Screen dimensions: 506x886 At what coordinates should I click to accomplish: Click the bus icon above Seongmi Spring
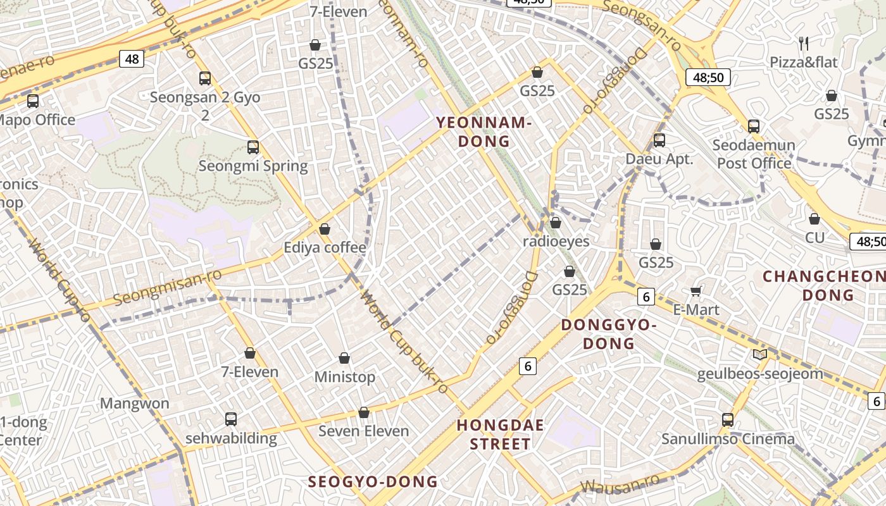[253, 147]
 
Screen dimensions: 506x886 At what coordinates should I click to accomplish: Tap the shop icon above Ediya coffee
[325, 228]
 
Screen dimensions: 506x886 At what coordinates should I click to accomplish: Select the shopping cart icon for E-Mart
[696, 291]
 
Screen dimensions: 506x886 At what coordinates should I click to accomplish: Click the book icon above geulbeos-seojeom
[760, 355]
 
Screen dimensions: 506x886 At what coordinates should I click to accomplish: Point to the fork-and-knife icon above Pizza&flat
[804, 43]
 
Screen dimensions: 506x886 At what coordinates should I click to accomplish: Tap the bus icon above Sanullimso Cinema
[728, 419]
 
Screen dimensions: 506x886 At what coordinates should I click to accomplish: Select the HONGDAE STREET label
[501, 435]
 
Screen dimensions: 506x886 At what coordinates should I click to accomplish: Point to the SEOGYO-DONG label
[373, 481]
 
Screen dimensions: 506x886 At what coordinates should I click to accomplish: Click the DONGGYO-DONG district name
[608, 334]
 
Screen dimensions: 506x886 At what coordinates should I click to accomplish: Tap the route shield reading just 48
[132, 59]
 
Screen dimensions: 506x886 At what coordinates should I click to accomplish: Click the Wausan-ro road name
[620, 483]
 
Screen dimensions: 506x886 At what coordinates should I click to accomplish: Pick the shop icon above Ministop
[344, 359]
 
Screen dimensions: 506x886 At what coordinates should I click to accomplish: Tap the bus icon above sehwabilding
[231, 419]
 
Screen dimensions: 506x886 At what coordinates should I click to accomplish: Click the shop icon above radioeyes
[556, 223]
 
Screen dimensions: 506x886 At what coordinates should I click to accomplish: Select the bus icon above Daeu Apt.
[659, 140]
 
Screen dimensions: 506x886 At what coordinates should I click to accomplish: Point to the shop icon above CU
[814, 219]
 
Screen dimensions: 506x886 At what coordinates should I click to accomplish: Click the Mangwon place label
[135, 404]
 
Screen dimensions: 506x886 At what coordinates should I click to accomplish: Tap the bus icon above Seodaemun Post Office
[753, 126]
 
